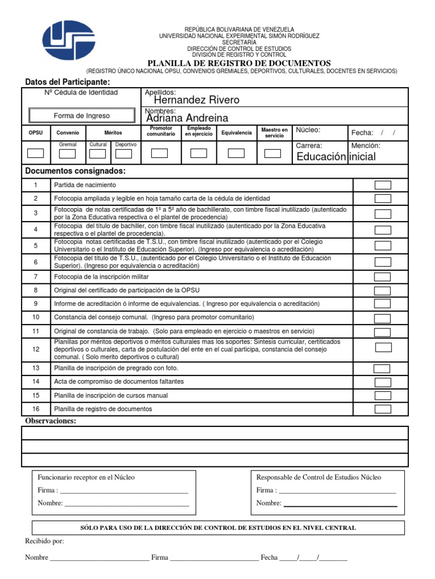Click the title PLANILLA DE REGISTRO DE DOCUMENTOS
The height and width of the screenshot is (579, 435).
[x=238, y=63]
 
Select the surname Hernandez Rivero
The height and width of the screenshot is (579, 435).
[x=193, y=100]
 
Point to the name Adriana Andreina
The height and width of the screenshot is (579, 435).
[x=187, y=118]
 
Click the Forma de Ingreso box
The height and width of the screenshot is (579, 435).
[x=82, y=115]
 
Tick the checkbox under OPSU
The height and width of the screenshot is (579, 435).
[x=36, y=153]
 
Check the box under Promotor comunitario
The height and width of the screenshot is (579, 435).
[x=159, y=153]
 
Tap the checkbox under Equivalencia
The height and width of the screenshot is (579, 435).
[x=236, y=153]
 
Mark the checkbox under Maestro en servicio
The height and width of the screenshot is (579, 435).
[x=272, y=153]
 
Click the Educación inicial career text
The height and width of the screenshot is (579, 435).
[x=336, y=157]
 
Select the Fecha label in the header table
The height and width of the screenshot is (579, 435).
[x=362, y=133]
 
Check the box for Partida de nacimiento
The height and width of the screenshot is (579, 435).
[x=383, y=185]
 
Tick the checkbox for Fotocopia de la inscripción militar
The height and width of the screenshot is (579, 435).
[x=383, y=277]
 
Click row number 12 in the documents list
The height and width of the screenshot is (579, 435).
[x=35, y=349]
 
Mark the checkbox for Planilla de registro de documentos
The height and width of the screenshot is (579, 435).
[x=383, y=409]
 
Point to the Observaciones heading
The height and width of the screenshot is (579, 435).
[x=50, y=421]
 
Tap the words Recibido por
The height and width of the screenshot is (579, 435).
[x=45, y=541]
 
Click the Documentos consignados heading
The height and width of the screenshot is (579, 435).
[x=75, y=171]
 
